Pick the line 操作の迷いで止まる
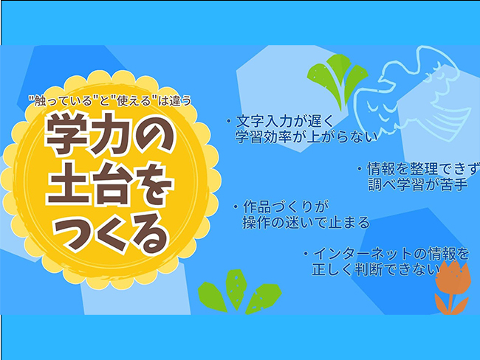(x=306, y=221)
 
